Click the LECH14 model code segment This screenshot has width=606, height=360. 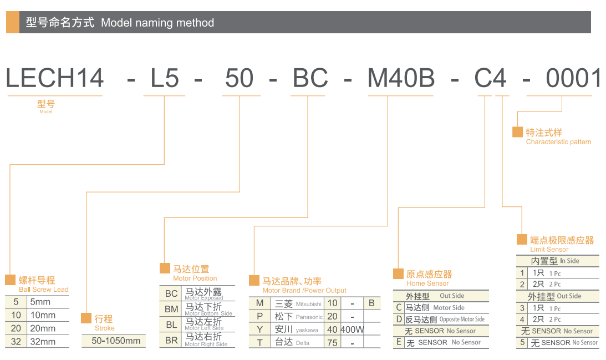54,78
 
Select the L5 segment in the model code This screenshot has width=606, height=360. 165,78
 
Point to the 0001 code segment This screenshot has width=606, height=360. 573,78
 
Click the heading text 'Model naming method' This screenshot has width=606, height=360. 157,23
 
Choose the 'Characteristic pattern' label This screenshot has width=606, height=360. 558,142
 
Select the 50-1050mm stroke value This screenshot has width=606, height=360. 116,341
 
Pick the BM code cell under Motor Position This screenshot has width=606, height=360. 171,308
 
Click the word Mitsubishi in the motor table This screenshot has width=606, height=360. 308,304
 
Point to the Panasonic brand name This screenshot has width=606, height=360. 309,317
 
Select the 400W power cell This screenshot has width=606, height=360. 352,329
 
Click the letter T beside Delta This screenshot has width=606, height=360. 259,343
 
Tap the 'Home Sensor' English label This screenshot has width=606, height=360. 427,283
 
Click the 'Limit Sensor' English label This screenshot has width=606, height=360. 549,250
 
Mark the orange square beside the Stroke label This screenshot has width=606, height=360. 86,318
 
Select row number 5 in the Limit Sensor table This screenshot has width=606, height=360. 522,343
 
